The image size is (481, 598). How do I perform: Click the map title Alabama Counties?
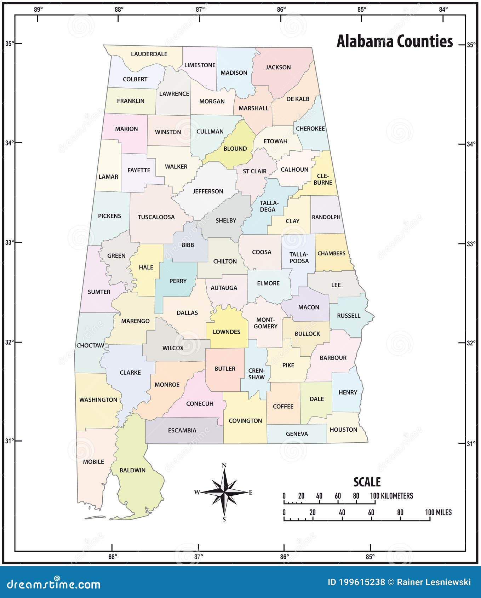394,41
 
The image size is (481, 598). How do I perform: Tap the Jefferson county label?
208,191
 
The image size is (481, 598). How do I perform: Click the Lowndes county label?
227,332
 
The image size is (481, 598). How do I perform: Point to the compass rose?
224,492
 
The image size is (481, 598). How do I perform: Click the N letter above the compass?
224,466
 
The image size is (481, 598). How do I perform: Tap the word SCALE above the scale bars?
367,482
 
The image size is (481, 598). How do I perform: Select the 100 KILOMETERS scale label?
391,496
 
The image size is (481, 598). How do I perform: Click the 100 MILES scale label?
438,512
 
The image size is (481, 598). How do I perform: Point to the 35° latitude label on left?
10,44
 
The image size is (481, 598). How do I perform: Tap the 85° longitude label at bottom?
370,557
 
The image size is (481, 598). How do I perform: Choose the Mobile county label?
93,462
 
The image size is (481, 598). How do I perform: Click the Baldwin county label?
132,470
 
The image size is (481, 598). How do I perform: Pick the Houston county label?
343,430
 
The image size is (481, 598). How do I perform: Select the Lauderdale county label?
149,54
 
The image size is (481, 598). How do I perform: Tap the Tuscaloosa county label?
156,217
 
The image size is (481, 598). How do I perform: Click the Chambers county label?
331,253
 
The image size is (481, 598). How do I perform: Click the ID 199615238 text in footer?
356,582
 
